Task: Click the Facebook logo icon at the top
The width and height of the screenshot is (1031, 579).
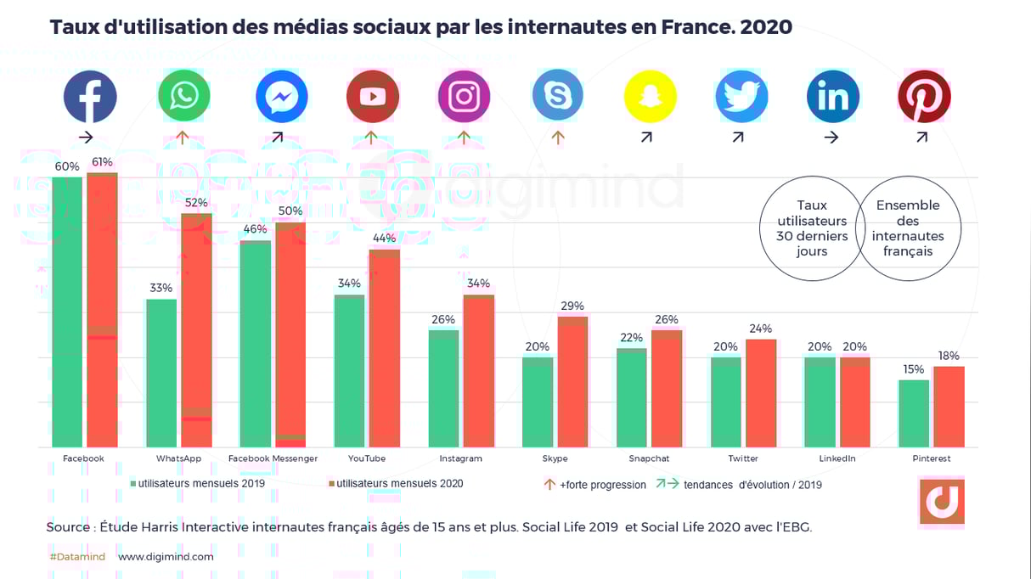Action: (89, 97)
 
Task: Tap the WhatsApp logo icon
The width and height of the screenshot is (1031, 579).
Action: (183, 97)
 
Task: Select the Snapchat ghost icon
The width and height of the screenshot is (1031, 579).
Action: (650, 97)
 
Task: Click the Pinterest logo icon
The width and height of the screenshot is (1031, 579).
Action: (924, 97)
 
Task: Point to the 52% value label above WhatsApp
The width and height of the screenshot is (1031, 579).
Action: (196, 203)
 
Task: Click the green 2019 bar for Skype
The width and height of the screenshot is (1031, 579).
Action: (538, 402)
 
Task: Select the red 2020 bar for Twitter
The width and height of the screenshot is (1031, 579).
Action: (760, 393)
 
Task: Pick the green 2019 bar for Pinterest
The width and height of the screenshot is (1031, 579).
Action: (914, 413)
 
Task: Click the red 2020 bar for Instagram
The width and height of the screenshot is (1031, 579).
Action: (478, 371)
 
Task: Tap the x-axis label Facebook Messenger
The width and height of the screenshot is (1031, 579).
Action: (273, 458)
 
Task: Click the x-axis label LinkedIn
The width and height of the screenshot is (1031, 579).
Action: (837, 458)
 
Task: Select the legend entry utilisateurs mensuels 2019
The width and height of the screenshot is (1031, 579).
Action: (197, 484)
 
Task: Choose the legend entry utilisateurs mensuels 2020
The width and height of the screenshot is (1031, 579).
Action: (396, 484)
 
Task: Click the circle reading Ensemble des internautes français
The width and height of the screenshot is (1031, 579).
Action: (908, 228)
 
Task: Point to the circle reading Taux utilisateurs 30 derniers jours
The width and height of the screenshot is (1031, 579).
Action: (812, 228)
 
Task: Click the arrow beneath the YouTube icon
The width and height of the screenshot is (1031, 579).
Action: (370, 138)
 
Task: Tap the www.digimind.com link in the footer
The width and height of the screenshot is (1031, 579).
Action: (166, 557)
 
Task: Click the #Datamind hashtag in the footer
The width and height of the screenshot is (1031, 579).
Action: (77, 557)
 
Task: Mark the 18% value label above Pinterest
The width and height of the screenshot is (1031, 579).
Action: (949, 356)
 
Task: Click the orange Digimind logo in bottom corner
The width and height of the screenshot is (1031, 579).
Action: (941, 502)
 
